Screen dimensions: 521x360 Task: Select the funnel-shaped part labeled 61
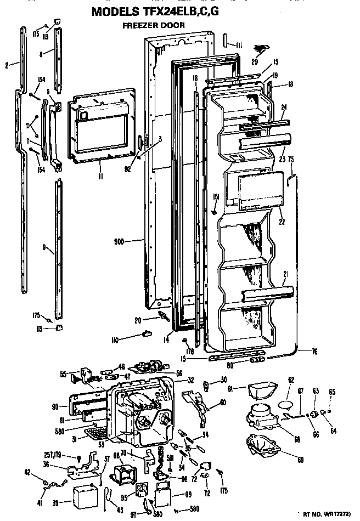pos(261,392)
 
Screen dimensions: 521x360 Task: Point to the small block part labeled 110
pos(148,333)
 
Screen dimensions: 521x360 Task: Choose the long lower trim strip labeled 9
pos(58,252)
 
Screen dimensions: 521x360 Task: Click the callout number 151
pos(217,197)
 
